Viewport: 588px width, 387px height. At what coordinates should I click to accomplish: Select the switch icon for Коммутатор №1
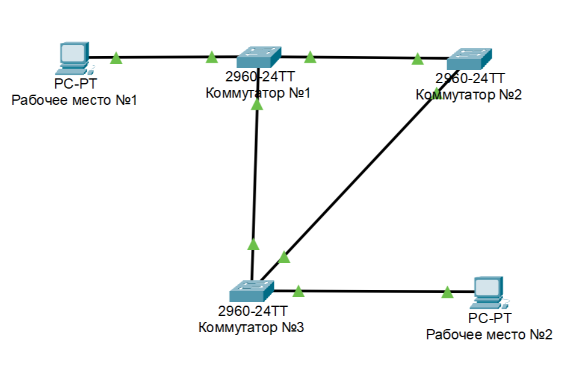tap(258, 57)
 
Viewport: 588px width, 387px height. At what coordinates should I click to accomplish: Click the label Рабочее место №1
tap(75, 100)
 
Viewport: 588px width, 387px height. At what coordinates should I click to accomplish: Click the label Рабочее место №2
tap(489, 335)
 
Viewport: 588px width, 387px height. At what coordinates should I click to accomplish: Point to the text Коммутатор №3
tap(251, 328)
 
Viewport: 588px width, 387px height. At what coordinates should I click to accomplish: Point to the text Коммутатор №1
tap(258, 93)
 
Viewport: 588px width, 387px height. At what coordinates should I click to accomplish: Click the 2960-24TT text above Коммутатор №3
tap(252, 312)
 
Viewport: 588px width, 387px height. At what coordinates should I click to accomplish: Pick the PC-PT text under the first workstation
tap(75, 84)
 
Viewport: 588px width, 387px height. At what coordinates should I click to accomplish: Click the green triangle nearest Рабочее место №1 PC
tap(116, 58)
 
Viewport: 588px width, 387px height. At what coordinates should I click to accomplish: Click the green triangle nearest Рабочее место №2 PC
tap(447, 292)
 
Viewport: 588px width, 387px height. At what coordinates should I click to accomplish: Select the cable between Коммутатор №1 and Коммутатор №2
tap(361, 58)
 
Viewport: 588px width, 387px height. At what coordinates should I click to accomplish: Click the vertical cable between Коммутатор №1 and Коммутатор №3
tap(256, 175)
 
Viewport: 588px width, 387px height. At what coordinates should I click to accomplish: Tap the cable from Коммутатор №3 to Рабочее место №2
tap(373, 292)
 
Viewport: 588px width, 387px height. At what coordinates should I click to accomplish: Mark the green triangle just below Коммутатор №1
tap(257, 104)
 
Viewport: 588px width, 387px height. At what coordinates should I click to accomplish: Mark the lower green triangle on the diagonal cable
tap(284, 257)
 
